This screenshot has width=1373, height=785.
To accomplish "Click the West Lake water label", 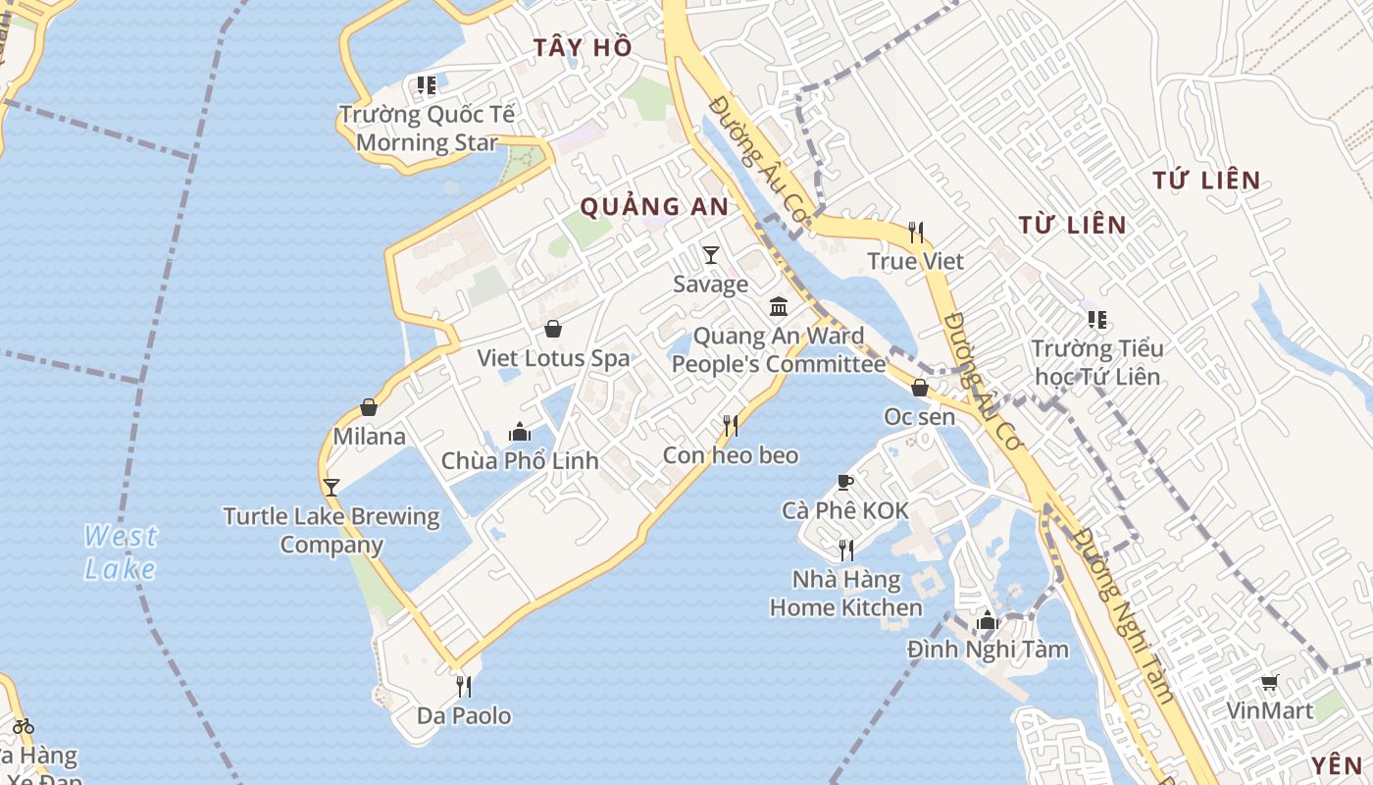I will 120,552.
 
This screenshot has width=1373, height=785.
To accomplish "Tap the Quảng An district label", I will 654,207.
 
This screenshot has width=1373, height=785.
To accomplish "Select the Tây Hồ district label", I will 583,47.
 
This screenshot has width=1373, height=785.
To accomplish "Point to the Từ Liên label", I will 1072,225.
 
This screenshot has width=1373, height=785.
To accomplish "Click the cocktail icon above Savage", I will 711,255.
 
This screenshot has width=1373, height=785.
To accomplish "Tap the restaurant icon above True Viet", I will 916,233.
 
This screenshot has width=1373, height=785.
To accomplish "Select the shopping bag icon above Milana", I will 369,407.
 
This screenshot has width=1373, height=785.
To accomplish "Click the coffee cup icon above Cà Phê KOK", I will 844,482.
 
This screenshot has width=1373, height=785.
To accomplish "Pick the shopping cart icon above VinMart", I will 1269,682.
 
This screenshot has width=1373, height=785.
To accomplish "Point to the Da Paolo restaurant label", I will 464,716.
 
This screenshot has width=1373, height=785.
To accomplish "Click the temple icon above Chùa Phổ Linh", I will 519,432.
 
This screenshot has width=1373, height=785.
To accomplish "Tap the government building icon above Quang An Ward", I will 779,307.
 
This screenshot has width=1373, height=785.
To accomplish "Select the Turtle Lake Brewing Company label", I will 331,530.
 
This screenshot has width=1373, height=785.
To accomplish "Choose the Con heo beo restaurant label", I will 731,455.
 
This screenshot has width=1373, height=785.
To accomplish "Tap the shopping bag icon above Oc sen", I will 920,388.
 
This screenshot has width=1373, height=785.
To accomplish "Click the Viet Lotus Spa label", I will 553,358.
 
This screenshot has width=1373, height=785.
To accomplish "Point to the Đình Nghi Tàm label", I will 988,649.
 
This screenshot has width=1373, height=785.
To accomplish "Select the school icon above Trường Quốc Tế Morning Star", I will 427,85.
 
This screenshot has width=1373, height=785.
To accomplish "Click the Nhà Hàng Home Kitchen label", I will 845,593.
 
